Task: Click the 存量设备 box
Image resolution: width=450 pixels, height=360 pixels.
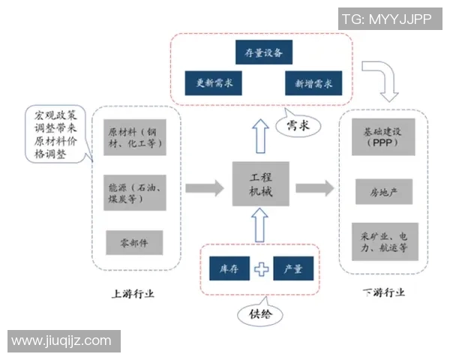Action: (x=262, y=52)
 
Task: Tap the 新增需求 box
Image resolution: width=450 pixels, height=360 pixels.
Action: (x=314, y=82)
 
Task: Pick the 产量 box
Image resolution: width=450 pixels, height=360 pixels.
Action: (x=293, y=268)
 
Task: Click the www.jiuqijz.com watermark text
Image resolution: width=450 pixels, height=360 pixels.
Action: (x=61, y=341)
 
